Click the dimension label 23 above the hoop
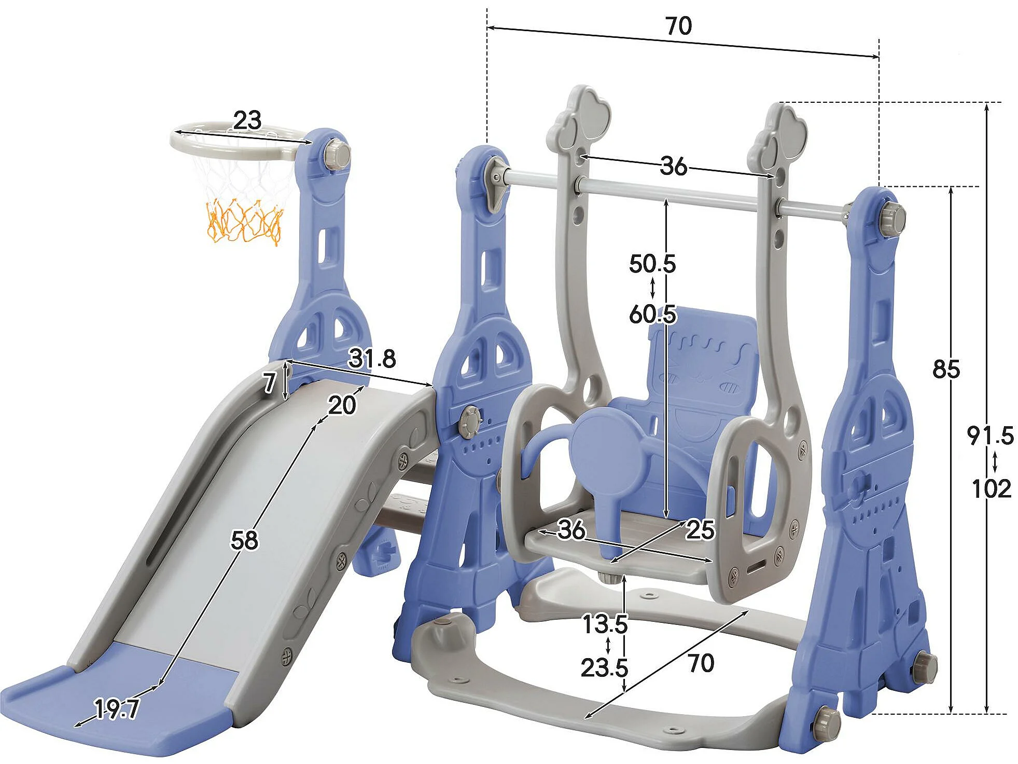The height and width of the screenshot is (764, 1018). click(x=247, y=120)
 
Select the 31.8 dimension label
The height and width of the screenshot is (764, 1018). click(x=372, y=359)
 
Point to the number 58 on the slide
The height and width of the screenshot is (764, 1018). click(x=244, y=540)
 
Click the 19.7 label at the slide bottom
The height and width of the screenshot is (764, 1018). click(x=117, y=709)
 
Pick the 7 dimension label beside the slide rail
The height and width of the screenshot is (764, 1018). click(x=269, y=384)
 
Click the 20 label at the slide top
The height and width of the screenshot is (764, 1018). click(x=342, y=405)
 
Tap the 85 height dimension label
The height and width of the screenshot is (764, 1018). click(x=946, y=369)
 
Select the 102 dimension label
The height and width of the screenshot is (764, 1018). click(x=991, y=489)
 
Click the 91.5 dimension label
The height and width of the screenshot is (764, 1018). click(x=990, y=435)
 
